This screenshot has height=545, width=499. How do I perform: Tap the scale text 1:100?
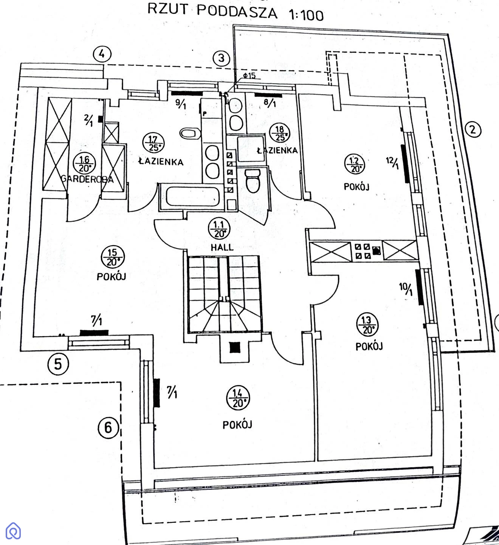pos(306,15)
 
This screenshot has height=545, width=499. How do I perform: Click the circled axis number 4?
pos(102,54)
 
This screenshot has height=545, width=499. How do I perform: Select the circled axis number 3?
pos(221,58)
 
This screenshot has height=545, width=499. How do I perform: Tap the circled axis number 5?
pos(58,364)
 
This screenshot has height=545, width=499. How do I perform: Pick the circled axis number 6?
pos(108,427)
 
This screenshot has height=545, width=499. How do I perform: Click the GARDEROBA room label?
pos(87,179)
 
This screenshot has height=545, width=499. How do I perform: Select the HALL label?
pos(222,247)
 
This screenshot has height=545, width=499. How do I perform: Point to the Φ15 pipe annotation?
pos(249,76)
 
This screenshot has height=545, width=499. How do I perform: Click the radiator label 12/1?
pos(392,163)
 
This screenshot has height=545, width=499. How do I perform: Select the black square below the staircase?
pos(235,347)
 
